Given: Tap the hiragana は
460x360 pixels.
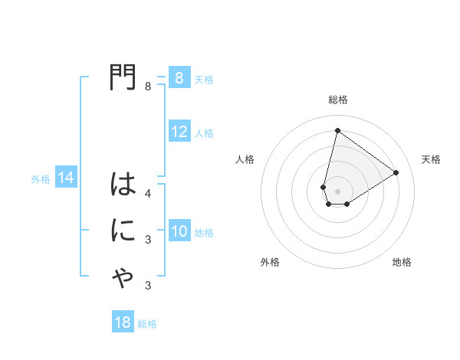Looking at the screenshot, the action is (x=123, y=185).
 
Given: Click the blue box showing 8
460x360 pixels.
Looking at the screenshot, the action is (x=179, y=78).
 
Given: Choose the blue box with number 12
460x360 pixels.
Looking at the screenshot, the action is (x=179, y=132).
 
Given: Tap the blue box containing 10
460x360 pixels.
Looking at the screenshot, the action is (x=179, y=231).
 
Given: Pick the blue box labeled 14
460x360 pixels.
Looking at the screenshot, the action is (x=65, y=178).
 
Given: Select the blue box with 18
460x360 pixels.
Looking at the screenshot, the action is (x=123, y=322).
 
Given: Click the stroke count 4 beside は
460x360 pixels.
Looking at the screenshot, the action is (x=148, y=193).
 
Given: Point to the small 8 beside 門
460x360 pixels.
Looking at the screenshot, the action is (x=148, y=87).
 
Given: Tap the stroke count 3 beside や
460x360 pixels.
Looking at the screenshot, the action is (x=148, y=286).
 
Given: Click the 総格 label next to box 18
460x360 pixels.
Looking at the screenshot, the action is (x=147, y=324).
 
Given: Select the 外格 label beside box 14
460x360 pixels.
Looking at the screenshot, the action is (x=41, y=179).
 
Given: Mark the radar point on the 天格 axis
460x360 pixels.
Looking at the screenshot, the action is (x=396, y=172).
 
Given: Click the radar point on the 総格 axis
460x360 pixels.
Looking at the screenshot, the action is (x=337, y=130).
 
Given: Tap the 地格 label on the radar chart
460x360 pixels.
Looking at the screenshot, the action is (x=402, y=262).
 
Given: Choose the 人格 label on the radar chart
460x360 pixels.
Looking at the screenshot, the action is (x=245, y=159).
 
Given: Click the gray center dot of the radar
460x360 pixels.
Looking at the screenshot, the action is (x=337, y=191).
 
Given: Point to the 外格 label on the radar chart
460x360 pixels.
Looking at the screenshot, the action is (x=270, y=262).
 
